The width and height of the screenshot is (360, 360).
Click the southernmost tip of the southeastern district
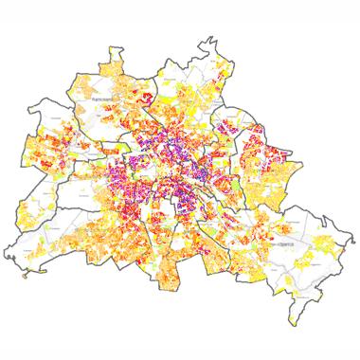[x=301, y=300]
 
